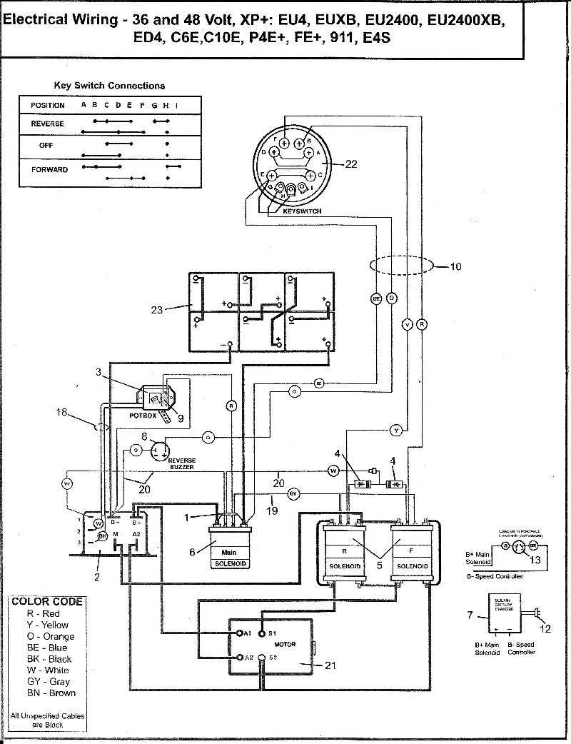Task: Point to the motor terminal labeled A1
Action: click(x=241, y=633)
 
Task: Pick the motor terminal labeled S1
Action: click(x=262, y=633)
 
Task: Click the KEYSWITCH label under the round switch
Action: click(x=302, y=211)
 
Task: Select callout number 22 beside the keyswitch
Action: click(x=350, y=164)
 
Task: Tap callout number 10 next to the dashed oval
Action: click(x=455, y=266)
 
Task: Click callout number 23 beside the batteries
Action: click(x=157, y=309)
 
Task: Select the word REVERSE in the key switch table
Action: click(x=47, y=124)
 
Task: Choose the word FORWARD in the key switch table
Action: click(x=49, y=169)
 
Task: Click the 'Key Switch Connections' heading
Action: click(x=109, y=86)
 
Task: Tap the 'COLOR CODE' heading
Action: click(x=47, y=601)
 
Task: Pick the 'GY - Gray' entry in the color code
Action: click(x=47, y=681)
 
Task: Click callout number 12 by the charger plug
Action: click(x=546, y=629)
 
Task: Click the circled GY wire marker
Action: click(x=293, y=493)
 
